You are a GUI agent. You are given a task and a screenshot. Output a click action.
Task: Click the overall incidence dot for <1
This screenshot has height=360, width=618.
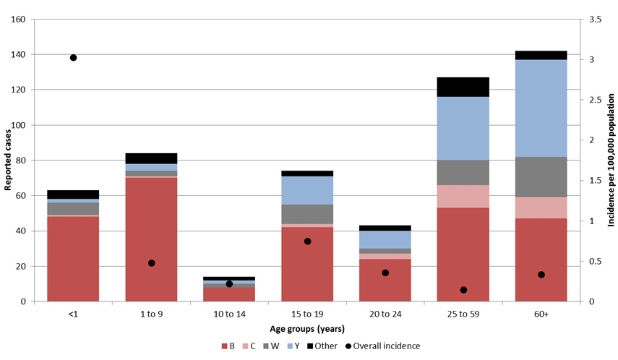tap(73, 58)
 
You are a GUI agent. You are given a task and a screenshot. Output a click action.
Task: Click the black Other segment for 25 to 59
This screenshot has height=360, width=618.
tap(463, 87)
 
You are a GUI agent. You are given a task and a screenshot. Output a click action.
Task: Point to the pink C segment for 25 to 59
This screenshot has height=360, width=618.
tap(463, 196)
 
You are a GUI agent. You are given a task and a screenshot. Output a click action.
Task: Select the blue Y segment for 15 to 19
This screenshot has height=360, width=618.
tap(307, 190)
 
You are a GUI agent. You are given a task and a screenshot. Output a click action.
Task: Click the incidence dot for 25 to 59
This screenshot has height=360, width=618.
tap(463, 290)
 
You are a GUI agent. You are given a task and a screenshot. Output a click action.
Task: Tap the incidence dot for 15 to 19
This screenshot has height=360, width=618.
tap(307, 241)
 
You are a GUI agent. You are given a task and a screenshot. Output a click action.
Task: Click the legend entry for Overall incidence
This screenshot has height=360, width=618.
tap(388, 346)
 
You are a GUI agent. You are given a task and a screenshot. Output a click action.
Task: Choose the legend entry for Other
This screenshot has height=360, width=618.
tap(325, 346)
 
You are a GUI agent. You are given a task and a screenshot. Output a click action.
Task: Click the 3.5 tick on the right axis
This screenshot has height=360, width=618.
tap(596, 20)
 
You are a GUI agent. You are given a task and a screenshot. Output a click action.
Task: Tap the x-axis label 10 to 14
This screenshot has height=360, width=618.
tap(229, 314)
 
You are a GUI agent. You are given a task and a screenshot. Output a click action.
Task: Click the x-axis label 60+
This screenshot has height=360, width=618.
tap(541, 314)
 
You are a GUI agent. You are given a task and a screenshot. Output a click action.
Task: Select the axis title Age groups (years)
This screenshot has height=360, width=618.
tap(307, 329)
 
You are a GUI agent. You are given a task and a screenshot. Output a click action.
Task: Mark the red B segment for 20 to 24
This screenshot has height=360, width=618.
tap(385, 280)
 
